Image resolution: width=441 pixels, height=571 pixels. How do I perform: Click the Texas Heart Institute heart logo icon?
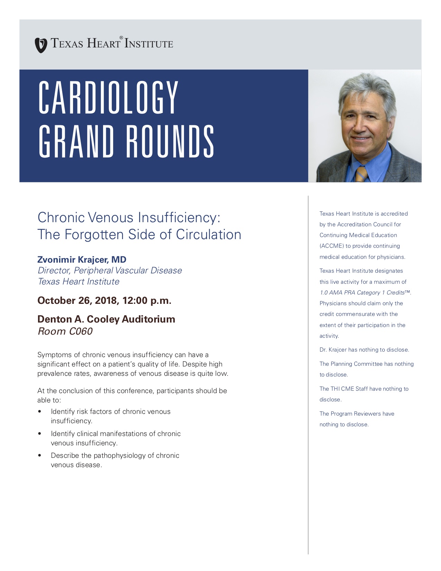coord(41,45)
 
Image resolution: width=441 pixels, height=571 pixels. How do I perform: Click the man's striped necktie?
coord(361,174)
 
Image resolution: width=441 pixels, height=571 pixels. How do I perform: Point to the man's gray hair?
coord(367,88)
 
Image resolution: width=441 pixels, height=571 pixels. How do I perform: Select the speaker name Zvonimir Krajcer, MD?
coord(82,260)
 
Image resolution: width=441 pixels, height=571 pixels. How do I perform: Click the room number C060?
coord(81,331)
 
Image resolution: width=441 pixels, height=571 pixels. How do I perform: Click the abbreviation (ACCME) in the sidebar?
coord(331,246)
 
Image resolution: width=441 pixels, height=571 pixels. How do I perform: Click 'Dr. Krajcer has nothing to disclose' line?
coord(364,350)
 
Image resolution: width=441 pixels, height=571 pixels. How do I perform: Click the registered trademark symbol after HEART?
coord(121,37)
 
